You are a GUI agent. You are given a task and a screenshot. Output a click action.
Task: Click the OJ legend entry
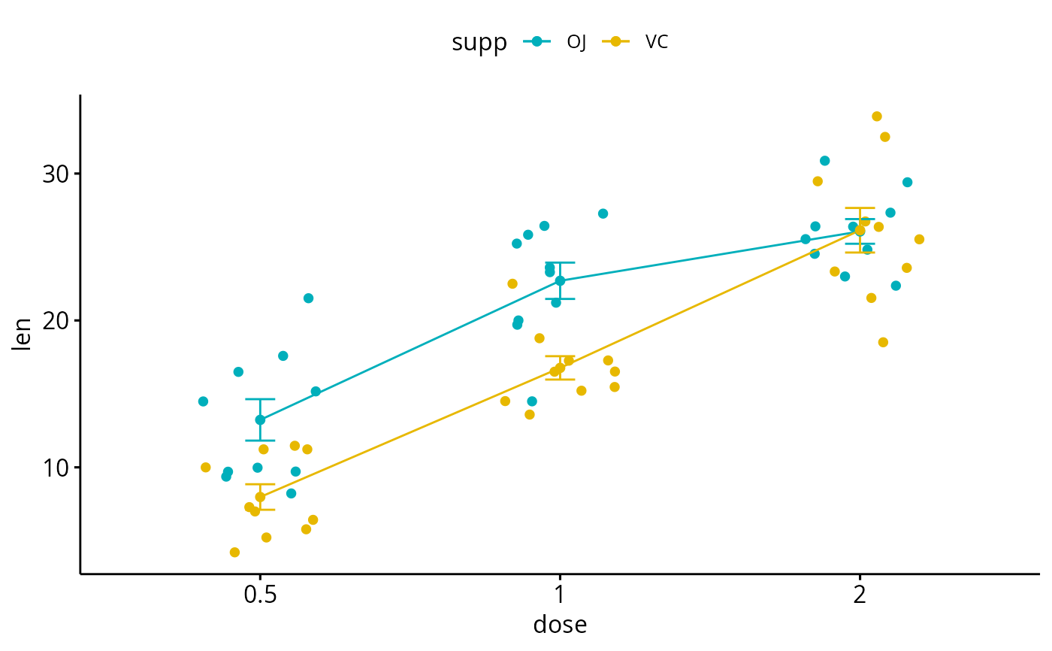(x=555, y=42)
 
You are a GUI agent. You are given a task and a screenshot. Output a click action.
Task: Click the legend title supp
(x=479, y=43)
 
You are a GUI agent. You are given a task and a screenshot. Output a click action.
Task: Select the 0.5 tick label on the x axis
(x=260, y=595)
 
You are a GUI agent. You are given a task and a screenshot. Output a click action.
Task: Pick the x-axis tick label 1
(x=560, y=595)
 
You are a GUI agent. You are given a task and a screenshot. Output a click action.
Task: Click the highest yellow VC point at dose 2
(x=877, y=117)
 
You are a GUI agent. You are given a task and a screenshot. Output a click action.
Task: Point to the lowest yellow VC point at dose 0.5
(x=234, y=553)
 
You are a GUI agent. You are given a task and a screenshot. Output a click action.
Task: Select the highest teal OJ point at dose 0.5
(x=308, y=298)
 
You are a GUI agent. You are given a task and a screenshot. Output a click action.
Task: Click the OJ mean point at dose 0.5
(x=260, y=420)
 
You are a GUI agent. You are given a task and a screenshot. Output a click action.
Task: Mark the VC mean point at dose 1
(x=560, y=368)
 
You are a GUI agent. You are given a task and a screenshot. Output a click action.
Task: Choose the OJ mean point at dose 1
(x=560, y=281)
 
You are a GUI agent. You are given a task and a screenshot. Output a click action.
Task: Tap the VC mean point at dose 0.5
(x=260, y=497)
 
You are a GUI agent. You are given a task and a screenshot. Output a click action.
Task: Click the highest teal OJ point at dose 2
(x=824, y=161)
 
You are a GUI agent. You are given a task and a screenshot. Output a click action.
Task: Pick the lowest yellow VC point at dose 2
(x=883, y=343)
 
